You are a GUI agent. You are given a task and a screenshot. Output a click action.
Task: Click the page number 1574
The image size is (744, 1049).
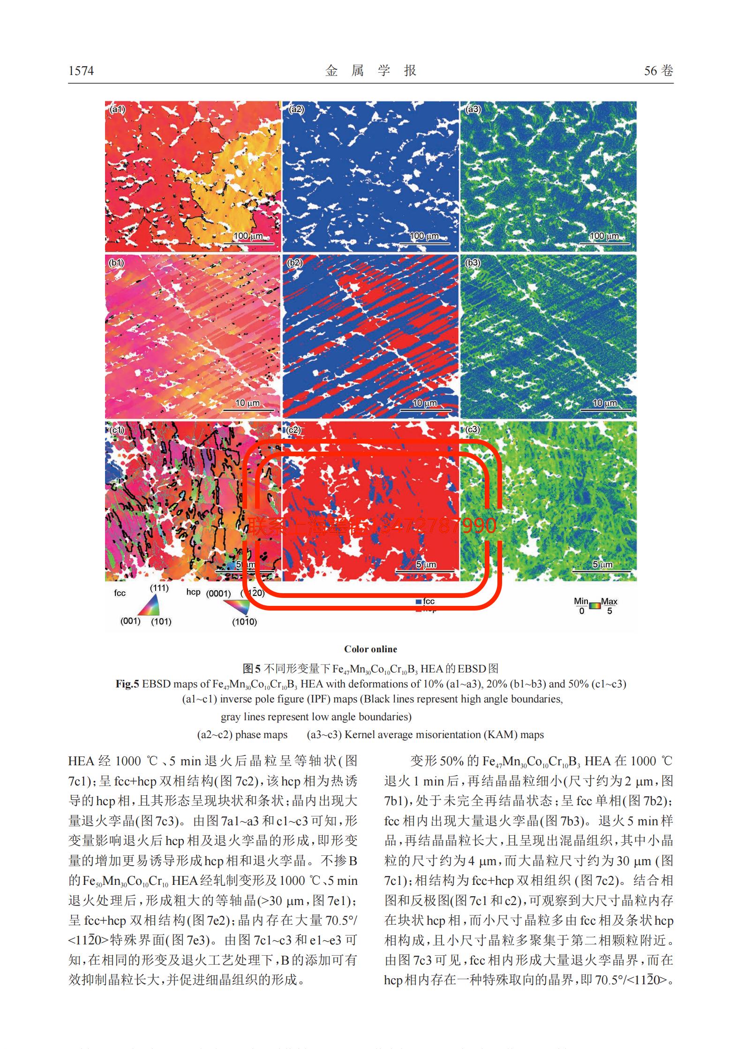[81, 71]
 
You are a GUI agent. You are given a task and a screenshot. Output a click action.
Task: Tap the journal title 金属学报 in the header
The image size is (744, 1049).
[371, 71]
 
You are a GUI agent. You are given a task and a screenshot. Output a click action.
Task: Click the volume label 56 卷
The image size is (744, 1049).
[658, 71]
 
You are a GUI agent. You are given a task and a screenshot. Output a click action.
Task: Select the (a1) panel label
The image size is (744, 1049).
[117, 110]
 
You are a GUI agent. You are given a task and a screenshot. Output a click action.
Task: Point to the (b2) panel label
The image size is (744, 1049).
[295, 263]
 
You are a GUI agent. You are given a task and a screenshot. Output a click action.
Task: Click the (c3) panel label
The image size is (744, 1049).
[473, 429]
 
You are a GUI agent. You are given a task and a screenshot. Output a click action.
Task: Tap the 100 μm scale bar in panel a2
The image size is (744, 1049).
[424, 242]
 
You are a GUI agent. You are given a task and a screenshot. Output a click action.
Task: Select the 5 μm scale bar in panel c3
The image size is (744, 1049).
[602, 571]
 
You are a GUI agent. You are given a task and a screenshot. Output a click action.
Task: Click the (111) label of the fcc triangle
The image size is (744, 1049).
[159, 588]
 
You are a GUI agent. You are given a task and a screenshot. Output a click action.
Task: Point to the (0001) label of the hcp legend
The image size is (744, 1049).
[219, 593]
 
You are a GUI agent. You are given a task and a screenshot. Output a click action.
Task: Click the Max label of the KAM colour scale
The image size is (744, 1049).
[609, 601]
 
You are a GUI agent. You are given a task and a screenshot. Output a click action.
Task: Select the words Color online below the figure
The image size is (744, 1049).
[370, 649]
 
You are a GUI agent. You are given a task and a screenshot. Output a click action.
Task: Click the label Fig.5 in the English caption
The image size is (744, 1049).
[127, 684]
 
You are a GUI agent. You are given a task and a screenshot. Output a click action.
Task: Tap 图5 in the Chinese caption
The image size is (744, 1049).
[251, 668]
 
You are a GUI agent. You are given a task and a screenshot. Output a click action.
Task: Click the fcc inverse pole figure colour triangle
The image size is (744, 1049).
[150, 606]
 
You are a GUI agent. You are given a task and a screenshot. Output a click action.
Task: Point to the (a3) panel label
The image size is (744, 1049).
[473, 110]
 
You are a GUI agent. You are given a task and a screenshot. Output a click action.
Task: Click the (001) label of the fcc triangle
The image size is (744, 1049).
[130, 621]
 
